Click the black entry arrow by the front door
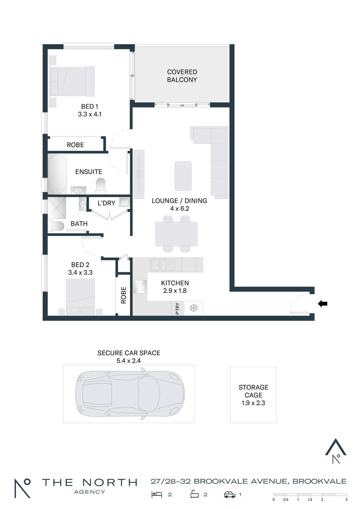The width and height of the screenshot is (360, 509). click(323, 304)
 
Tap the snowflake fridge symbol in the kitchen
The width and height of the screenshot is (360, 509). click(194, 308)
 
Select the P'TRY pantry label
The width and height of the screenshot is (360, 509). click(178, 308)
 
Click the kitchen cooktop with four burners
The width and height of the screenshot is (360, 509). click(140, 286)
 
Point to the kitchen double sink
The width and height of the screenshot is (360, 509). click(163, 265)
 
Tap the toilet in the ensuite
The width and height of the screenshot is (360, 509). click(101, 186)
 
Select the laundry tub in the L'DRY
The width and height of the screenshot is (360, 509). click(124, 202)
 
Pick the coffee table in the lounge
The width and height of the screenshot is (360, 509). click(183, 176)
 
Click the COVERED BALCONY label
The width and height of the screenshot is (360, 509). click(182, 76)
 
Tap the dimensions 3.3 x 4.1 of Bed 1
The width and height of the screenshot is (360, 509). click(90, 114)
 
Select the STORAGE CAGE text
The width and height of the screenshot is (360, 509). click(253, 391)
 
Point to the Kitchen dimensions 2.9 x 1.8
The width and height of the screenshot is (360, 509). click(175, 290)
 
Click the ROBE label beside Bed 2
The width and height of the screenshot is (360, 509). click(123, 295)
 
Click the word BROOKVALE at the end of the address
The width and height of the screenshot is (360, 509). click(319, 481)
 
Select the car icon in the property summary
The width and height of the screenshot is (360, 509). click(230, 494)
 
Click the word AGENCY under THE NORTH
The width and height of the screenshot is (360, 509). click(89, 492)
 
